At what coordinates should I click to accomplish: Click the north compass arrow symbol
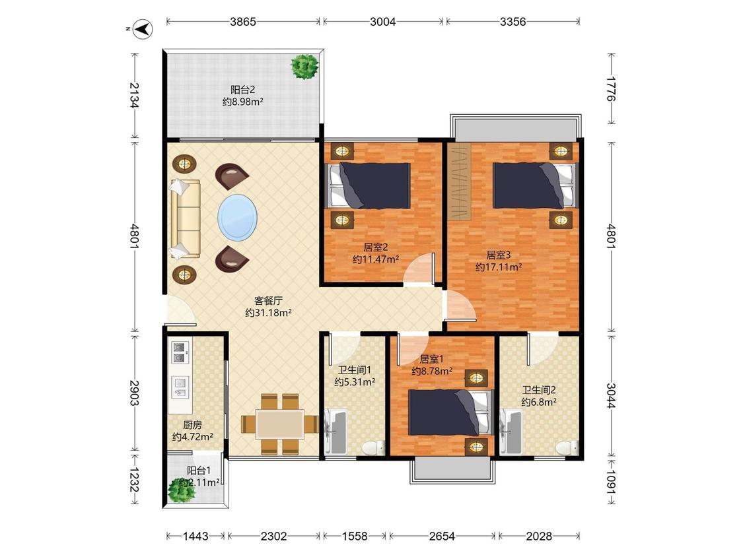pyautogui.click(x=142, y=29)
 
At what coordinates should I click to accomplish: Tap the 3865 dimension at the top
pyautogui.click(x=243, y=21)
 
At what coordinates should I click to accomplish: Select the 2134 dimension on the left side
pyautogui.click(x=135, y=95)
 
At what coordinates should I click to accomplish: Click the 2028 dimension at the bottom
pyautogui.click(x=539, y=536)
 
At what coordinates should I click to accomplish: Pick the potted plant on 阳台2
pyautogui.click(x=304, y=66)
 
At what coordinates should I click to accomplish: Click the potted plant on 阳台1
pyautogui.click(x=182, y=491)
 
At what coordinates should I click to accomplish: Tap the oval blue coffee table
pyautogui.click(x=237, y=217)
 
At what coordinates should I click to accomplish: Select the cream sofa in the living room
pyautogui.click(x=185, y=219)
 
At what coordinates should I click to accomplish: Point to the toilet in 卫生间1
pyautogui.click(x=374, y=447)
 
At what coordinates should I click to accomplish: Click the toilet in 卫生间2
pyautogui.click(x=567, y=447)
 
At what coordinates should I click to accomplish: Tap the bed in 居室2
pyautogui.click(x=368, y=185)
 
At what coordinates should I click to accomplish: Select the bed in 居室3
pyautogui.click(x=536, y=185)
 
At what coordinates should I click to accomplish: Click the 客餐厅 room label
pyautogui.click(x=268, y=301)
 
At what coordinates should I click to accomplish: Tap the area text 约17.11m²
pyautogui.click(x=499, y=267)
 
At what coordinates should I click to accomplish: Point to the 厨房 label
pyautogui.click(x=192, y=425)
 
